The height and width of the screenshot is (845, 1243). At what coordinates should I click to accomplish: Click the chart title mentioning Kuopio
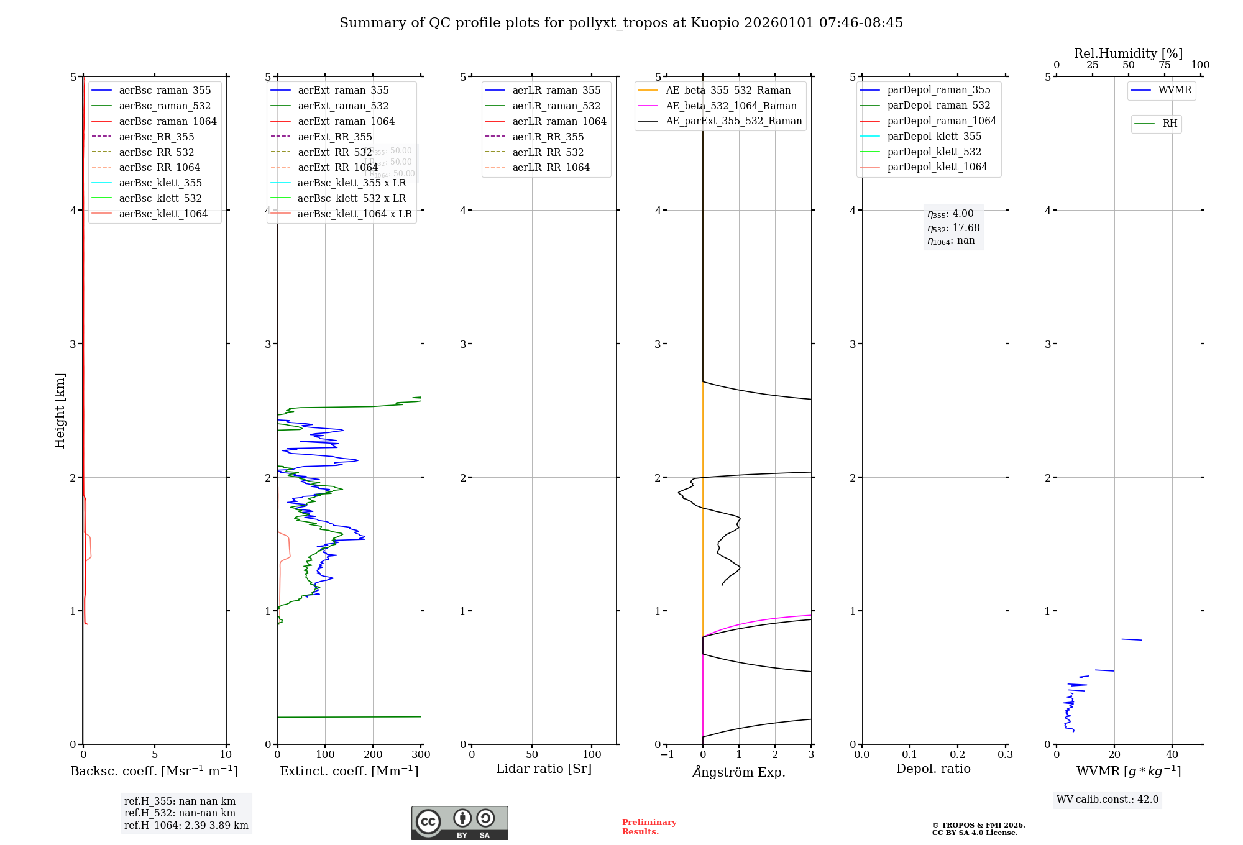tap(621, 23)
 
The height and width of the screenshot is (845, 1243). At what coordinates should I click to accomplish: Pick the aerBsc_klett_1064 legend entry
tap(163, 214)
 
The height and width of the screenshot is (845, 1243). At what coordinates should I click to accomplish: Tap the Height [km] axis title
tap(60, 411)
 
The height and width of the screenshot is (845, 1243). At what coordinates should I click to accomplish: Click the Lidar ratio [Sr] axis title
tap(544, 769)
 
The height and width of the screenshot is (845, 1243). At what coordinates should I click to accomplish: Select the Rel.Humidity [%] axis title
tap(1128, 53)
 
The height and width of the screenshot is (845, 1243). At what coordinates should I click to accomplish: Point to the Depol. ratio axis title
tap(933, 769)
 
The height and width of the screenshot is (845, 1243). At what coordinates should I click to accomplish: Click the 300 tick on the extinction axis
tap(421, 755)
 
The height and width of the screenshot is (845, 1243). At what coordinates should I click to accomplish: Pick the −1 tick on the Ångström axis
tap(667, 755)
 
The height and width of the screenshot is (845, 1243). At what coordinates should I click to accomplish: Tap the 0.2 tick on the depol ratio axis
tap(958, 755)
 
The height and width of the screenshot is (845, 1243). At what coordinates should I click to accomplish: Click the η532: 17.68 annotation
tap(953, 228)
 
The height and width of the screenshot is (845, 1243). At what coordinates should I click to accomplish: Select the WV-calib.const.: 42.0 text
tap(1108, 800)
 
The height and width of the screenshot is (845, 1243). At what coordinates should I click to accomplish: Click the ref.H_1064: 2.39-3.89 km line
tap(186, 826)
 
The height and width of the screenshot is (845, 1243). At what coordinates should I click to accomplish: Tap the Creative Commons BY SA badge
tap(459, 823)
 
